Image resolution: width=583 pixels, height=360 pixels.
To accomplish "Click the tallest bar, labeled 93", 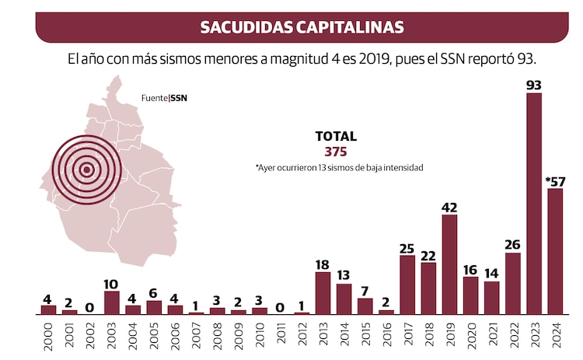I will (534, 204).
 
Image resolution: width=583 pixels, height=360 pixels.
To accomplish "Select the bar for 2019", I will (449, 264).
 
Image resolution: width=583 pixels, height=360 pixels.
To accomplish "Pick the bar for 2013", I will (323, 293).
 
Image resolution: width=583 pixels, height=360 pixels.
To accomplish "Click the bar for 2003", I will (111, 302).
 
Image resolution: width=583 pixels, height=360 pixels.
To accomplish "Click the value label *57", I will (554, 181).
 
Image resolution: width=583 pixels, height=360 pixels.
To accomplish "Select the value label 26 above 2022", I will (513, 245).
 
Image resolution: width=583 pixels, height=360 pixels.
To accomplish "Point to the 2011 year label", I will (281, 336).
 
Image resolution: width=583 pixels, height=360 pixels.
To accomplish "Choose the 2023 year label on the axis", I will (535, 336).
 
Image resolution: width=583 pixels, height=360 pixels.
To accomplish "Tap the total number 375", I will (335, 152).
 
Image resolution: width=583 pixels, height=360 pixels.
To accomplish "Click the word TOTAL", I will (335, 136).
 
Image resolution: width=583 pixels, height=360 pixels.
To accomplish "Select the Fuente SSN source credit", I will (164, 98).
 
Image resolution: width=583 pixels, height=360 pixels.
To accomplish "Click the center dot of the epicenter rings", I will (87, 169).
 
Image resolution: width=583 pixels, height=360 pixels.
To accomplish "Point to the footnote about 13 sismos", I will (338, 168).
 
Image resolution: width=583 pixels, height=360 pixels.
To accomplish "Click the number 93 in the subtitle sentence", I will (529, 59).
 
